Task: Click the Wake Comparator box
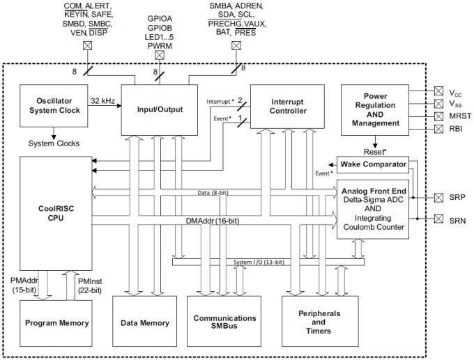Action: click(373, 165)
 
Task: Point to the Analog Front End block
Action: click(372, 209)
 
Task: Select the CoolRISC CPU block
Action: click(55, 216)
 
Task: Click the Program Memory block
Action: click(56, 322)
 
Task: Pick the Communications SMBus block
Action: click(224, 323)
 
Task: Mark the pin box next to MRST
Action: click(438, 115)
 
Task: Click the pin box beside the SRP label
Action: click(438, 197)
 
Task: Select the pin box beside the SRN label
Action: click(438, 220)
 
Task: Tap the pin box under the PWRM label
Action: click(160, 55)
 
